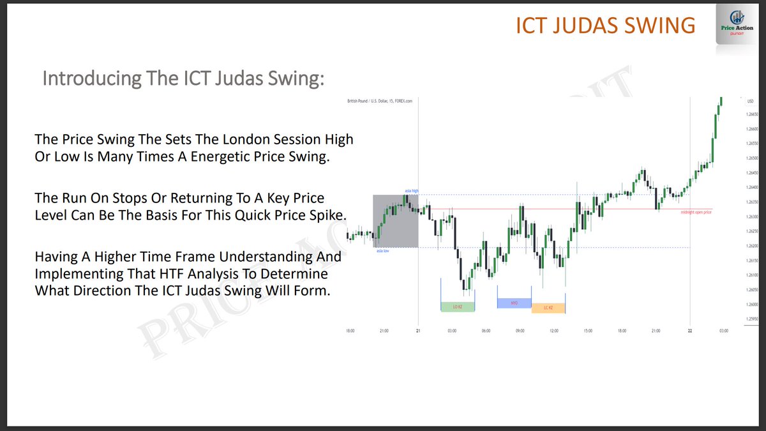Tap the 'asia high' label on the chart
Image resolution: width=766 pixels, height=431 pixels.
point(411,191)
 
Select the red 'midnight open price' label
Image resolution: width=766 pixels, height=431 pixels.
point(696,211)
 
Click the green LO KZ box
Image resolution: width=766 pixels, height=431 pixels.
point(458,307)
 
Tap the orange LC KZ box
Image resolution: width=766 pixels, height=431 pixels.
point(548,308)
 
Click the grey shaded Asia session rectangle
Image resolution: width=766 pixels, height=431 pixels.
point(395,221)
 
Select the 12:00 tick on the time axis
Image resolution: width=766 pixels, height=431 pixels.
point(553,331)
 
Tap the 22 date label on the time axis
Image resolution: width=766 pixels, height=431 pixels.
point(690,331)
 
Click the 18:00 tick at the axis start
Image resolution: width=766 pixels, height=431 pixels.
point(350,331)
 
